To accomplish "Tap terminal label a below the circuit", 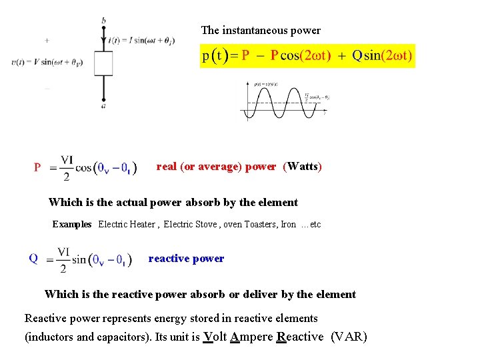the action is [103, 105].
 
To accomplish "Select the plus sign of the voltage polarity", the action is [47, 40].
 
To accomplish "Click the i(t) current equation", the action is [141, 40].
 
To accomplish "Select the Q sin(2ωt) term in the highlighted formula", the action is [381, 56].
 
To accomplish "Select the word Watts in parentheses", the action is [303, 166].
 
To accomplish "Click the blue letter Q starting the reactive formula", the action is [33, 259].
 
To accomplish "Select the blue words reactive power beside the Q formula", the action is [186, 259].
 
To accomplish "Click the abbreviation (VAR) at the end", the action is [349, 337].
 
